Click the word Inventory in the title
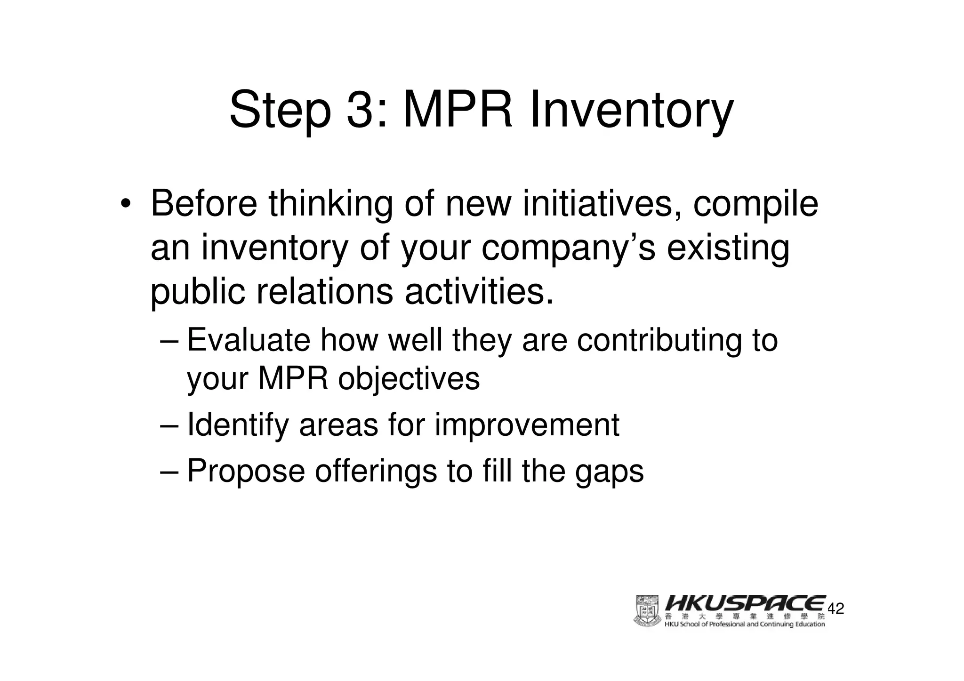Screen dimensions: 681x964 click(x=631, y=111)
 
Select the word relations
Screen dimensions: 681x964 click(x=324, y=292)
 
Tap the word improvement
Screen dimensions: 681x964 click(x=527, y=425)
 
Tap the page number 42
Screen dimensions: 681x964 click(x=835, y=609)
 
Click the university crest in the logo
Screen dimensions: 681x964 click(x=647, y=611)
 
